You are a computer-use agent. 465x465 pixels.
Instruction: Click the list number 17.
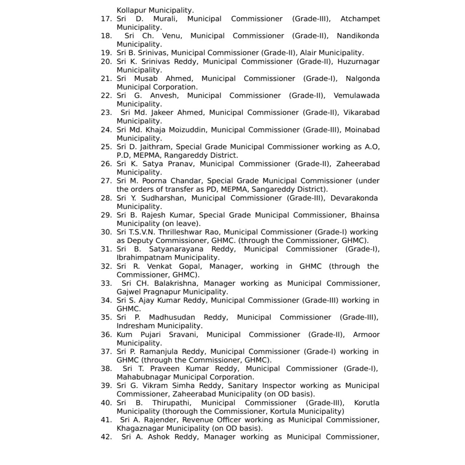[106, 19]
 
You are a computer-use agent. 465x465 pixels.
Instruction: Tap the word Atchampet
[360, 19]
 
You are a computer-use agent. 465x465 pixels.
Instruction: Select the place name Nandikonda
[358, 36]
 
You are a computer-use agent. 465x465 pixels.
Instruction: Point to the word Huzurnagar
[358, 62]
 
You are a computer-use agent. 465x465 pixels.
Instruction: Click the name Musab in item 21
[146, 79]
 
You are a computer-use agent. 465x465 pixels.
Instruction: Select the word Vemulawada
[356, 96]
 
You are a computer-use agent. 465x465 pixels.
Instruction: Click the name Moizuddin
[190, 130]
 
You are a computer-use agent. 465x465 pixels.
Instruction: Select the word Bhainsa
[365, 215]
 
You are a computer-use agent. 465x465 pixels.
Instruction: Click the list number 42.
[106, 437]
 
